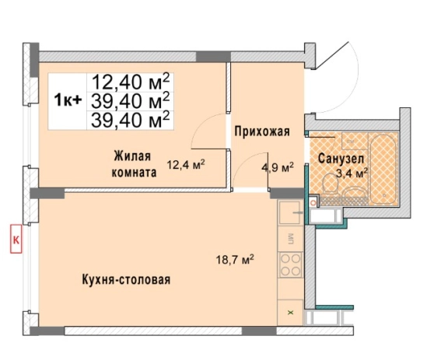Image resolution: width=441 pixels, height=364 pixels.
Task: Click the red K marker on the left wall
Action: pos(15,238)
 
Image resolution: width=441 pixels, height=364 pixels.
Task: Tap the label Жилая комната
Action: pos(129,164)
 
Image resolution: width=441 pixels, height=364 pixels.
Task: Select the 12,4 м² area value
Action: pos(185,164)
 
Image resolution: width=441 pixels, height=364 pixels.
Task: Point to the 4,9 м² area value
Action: pos(277,167)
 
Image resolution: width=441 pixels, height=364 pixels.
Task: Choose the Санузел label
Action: pos(338,158)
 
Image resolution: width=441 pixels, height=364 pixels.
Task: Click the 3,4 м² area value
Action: pos(351,173)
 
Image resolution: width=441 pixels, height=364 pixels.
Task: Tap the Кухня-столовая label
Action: pos(124,279)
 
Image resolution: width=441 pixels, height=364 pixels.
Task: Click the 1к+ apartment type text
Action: pos(68,100)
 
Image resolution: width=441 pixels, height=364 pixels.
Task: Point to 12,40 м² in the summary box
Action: pos(130,81)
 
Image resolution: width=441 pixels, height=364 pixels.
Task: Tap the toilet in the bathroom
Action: pos(329,183)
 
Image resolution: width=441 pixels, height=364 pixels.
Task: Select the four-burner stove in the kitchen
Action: pos(291,265)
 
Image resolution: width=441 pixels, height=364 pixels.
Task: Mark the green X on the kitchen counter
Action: pos(291,312)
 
